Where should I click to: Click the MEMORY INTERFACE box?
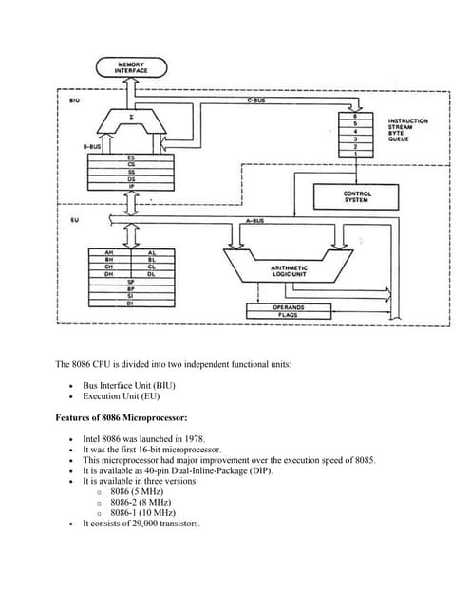click(x=130, y=67)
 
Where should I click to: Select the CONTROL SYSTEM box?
click(x=356, y=196)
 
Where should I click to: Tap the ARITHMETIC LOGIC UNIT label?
click(x=289, y=272)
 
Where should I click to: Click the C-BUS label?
click(x=255, y=100)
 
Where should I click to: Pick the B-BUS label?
click(x=91, y=147)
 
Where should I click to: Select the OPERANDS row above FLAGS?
click(x=288, y=307)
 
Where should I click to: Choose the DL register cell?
click(x=151, y=274)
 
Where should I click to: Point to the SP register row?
click(x=130, y=282)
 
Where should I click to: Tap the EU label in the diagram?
click(x=74, y=220)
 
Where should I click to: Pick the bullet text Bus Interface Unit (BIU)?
click(x=128, y=385)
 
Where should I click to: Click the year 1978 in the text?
click(x=195, y=439)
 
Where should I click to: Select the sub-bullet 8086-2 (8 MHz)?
click(x=137, y=502)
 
